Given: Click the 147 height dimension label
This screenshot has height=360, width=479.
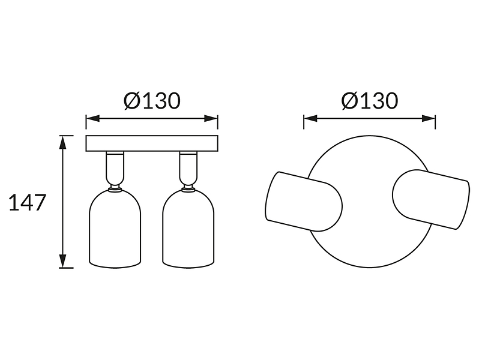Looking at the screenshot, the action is point(28,202).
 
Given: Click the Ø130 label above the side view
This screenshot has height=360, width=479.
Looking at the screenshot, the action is point(152,101).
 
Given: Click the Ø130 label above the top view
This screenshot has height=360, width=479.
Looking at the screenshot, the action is point(370,101).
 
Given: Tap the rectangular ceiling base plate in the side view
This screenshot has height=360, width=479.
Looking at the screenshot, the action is point(152,143).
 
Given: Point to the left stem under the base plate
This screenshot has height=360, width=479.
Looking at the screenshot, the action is point(115,167).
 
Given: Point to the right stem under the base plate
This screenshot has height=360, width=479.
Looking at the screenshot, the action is point(188,167).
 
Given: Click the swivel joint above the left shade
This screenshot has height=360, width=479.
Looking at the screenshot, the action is point(115,187).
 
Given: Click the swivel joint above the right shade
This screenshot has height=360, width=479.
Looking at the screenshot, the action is point(188,187).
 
